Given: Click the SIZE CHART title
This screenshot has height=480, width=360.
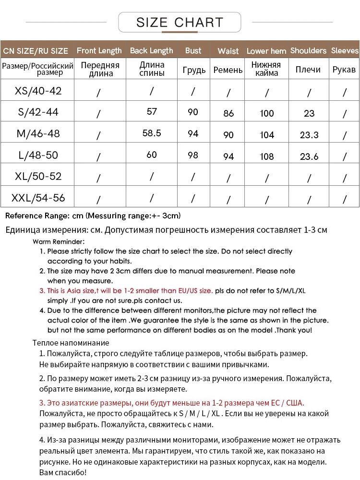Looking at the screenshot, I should pyautogui.click(x=180, y=22).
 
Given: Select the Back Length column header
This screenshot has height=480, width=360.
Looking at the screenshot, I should pyautogui.click(x=151, y=50).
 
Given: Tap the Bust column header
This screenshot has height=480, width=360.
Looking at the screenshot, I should pyautogui.click(x=193, y=50).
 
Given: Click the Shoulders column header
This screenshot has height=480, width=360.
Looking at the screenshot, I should pyautogui.click(x=308, y=50).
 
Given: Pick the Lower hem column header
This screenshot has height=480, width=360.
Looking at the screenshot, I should pyautogui.click(x=266, y=51).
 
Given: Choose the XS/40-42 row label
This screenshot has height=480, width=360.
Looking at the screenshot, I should pyautogui.click(x=38, y=91).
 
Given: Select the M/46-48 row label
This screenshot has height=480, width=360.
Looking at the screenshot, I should pyautogui.click(x=38, y=133).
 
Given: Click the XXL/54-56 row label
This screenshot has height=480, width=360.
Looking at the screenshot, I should pyautogui.click(x=38, y=198).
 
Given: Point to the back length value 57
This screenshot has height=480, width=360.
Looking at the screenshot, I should pyautogui.click(x=152, y=112).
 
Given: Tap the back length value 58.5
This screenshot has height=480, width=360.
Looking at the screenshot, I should pyautogui.click(x=152, y=133).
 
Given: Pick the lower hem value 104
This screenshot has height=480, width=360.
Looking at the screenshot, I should pyautogui.click(x=267, y=135).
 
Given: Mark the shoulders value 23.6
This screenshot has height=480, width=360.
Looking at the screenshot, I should pyautogui.click(x=309, y=156).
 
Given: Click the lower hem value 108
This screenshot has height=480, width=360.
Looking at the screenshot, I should pyautogui.click(x=267, y=156).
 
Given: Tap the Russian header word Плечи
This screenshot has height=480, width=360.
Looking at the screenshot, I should pyautogui.click(x=308, y=70).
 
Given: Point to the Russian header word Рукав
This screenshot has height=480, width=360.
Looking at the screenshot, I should pyautogui.click(x=344, y=70).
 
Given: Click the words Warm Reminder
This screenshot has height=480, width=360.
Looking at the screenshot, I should pyautogui.click(x=59, y=241).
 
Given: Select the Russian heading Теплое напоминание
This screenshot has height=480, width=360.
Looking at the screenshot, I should pyautogui.click(x=71, y=343).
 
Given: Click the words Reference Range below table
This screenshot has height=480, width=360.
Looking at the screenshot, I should pyautogui.click(x=37, y=216).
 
